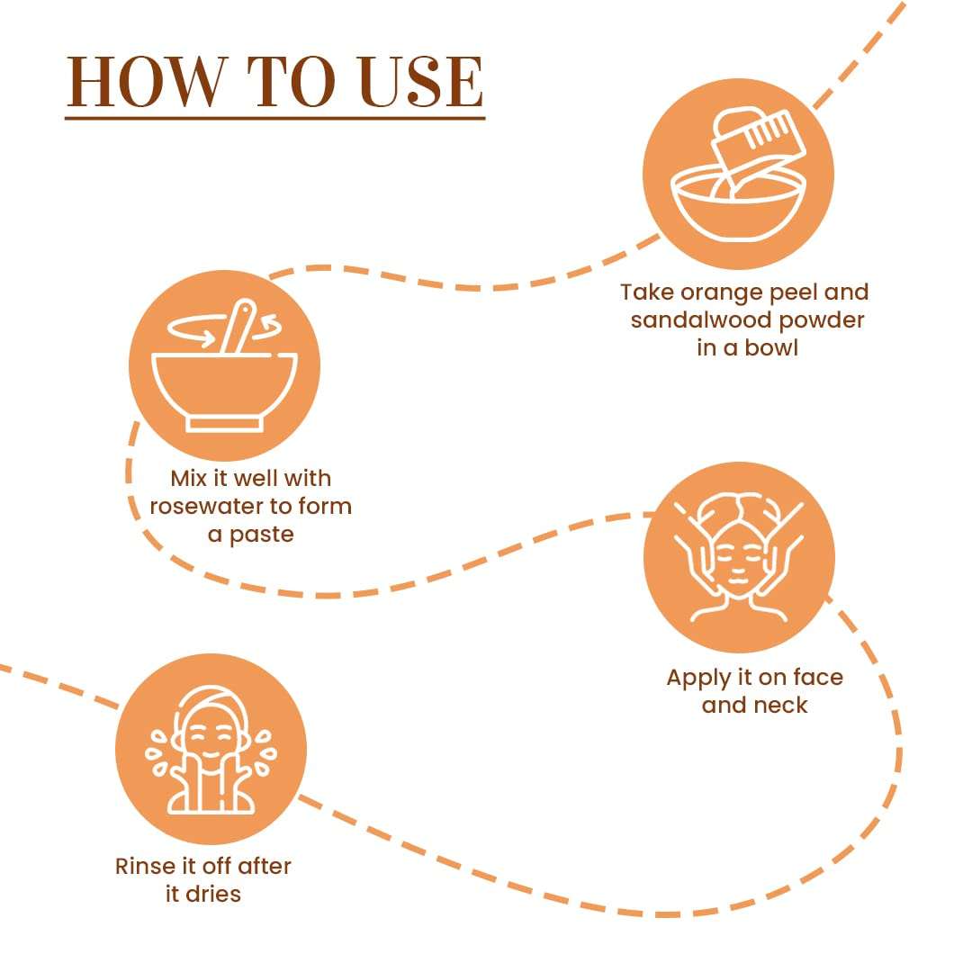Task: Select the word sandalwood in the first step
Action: (701, 319)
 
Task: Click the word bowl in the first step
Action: (771, 347)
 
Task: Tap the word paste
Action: (262, 535)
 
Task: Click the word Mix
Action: (188, 478)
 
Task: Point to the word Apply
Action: (698, 679)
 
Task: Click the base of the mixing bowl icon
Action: (224, 424)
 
